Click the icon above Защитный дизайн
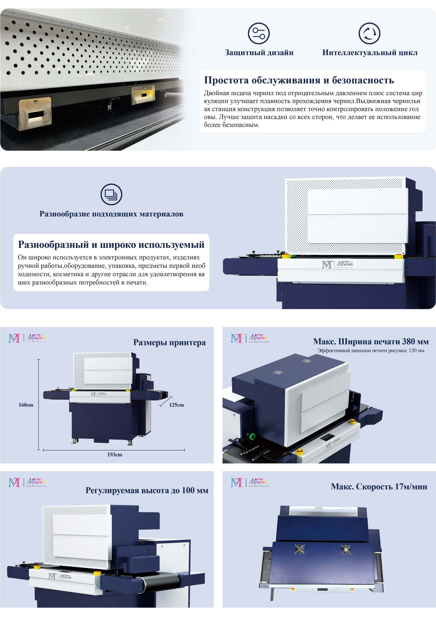coord(259,33)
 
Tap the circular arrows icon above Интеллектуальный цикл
coord(370,33)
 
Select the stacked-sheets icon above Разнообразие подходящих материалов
coord(111,194)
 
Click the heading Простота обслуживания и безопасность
coord(299,80)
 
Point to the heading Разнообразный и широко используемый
coord(111,245)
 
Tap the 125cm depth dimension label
coord(177,405)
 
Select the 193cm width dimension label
coord(115,454)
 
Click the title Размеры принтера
coord(169,342)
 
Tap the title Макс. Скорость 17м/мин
coord(379,486)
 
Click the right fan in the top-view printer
coord(346,550)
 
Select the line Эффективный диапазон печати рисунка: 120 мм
coord(371,350)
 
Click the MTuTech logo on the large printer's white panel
coord(337,264)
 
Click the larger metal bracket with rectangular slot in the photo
coord(35,113)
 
